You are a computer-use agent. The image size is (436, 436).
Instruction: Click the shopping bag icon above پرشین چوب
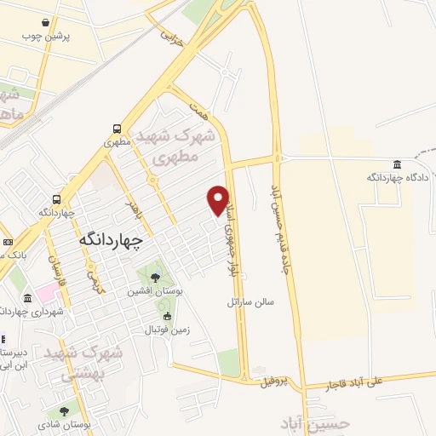tap(56, 23)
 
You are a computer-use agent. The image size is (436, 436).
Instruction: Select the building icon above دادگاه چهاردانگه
tap(397, 164)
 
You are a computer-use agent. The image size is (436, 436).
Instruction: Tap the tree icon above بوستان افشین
tap(156, 278)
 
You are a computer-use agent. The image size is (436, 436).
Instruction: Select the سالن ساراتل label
tap(251, 301)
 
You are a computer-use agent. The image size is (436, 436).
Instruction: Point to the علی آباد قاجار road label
tap(368, 385)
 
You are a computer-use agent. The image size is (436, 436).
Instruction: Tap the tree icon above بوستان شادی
tap(65, 412)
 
